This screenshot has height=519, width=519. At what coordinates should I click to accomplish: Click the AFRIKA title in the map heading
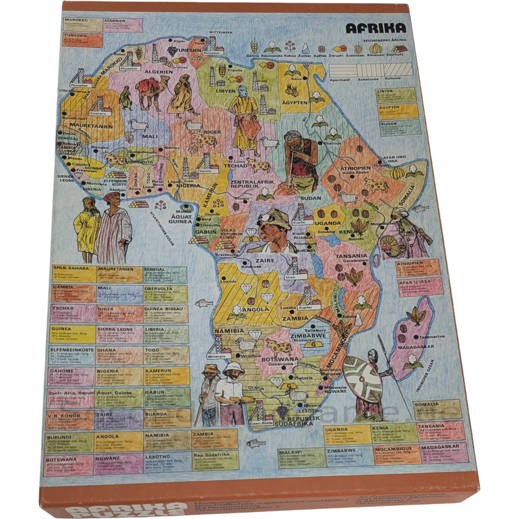click(376, 28)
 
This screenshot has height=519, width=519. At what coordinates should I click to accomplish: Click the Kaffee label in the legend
click(321, 56)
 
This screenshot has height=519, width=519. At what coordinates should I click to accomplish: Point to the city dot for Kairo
click(305, 78)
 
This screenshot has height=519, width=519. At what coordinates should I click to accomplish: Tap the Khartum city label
click(333, 143)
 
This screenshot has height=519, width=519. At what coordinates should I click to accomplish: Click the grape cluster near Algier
click(171, 49)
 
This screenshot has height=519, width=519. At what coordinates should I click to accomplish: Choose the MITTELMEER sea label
click(221, 32)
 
